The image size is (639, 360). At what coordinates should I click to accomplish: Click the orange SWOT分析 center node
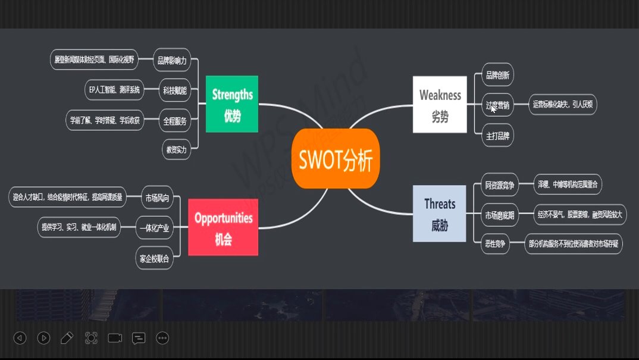(336, 158)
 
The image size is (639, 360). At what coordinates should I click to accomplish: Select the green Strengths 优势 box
(232, 104)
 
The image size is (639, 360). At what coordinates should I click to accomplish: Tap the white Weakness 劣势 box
(440, 104)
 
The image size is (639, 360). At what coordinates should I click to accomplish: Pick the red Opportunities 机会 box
(223, 227)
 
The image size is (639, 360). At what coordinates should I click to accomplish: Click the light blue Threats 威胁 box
(440, 214)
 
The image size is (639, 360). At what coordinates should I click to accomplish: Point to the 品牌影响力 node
(172, 60)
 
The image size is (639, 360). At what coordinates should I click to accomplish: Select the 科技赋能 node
(175, 90)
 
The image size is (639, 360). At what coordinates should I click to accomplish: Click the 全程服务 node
(175, 121)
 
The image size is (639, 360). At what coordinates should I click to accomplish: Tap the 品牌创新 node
(497, 76)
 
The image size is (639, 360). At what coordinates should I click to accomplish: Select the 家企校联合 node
(154, 259)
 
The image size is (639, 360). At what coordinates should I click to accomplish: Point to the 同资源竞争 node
(499, 184)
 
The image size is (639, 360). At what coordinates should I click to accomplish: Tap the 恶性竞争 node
(494, 243)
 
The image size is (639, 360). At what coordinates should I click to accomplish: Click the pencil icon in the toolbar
(67, 338)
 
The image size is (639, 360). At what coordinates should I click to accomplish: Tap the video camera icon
(115, 338)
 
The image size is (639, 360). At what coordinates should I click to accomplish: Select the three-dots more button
(162, 338)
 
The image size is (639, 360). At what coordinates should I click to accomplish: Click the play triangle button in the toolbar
(43, 338)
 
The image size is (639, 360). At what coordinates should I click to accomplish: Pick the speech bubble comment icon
(139, 338)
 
